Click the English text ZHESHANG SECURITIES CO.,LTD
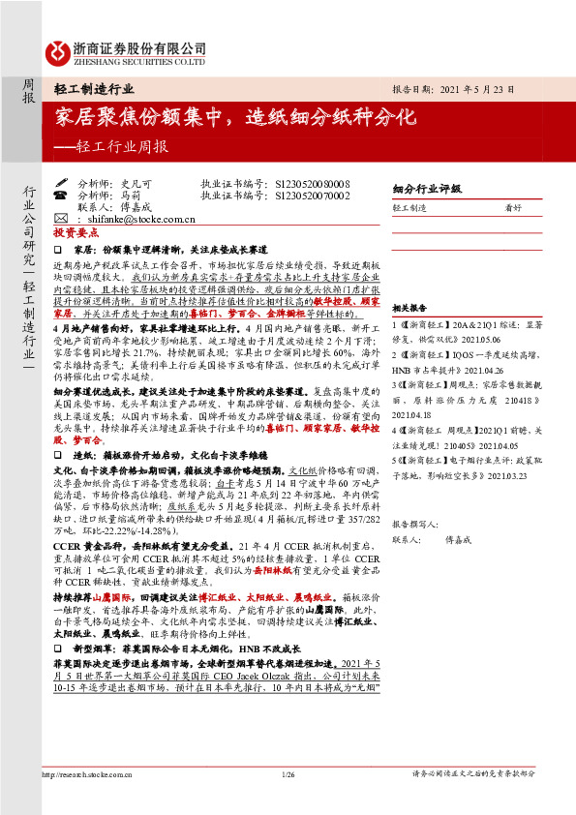click(140, 60)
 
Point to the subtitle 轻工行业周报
click(116, 147)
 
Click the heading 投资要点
click(76, 234)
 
